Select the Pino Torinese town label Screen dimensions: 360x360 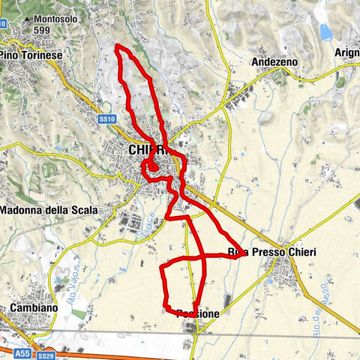tap(31, 55)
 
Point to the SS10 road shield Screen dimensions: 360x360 tap(107, 118)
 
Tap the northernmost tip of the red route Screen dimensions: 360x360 tap(118, 46)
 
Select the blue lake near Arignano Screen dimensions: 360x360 tap(326, 31)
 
